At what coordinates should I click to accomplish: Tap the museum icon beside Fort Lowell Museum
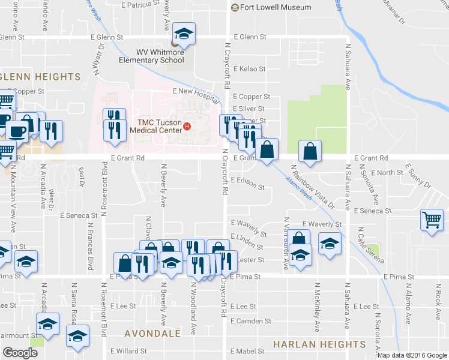point(235,7)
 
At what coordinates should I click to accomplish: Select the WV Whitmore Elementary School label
point(160,55)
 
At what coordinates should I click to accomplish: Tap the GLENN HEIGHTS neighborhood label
point(41,77)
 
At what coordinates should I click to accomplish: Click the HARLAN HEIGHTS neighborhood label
point(319,344)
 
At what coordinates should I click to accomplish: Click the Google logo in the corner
point(20,353)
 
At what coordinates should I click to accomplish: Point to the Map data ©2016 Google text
point(412,355)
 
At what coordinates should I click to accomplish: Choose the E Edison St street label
point(247,187)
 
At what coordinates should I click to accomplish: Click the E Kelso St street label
point(249,69)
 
